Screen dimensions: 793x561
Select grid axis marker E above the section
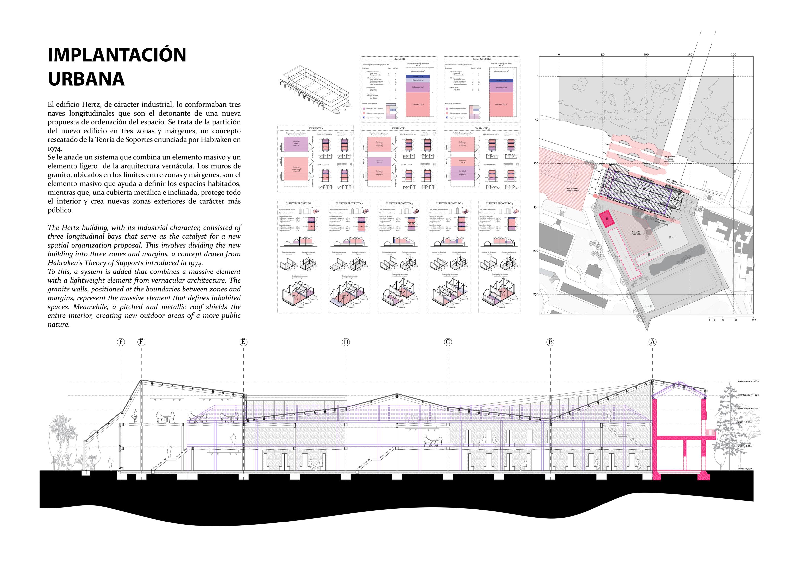243,342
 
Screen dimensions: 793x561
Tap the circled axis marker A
652,342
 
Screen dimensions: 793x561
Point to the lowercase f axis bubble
121,342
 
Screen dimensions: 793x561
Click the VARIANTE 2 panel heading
399,128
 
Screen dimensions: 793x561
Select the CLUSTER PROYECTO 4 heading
449,203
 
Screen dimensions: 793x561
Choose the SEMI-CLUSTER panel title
482,59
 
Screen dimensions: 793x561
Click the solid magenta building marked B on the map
607,219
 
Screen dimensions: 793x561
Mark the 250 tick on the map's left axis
536,294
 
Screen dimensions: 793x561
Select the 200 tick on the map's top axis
733,54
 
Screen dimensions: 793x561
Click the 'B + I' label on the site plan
672,237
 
